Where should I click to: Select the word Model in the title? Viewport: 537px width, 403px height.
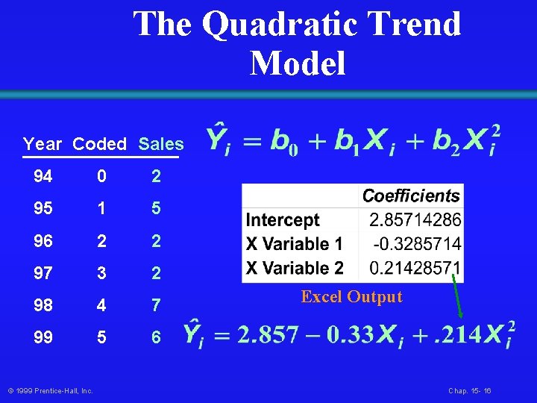pyautogui.click(x=298, y=63)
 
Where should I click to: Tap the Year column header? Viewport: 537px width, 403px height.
pyautogui.click(x=43, y=144)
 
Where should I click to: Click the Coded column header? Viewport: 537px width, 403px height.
pyautogui.click(x=100, y=144)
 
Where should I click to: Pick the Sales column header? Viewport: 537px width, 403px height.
pyautogui.click(x=161, y=144)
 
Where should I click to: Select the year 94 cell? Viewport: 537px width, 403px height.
pyautogui.click(x=43, y=177)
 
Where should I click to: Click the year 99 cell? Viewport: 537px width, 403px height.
pyautogui.click(x=43, y=338)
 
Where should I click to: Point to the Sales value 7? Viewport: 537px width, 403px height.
pyautogui.click(x=156, y=306)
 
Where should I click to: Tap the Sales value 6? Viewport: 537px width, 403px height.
pyautogui.click(x=156, y=338)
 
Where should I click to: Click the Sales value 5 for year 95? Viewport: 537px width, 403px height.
pyautogui.click(x=156, y=209)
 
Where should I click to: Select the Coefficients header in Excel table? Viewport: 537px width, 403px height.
pyautogui.click(x=411, y=196)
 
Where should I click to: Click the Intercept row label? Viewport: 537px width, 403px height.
pyautogui.click(x=283, y=220)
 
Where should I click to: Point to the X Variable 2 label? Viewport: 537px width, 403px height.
pyautogui.click(x=295, y=267)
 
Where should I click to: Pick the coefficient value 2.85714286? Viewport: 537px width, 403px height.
pyautogui.click(x=415, y=220)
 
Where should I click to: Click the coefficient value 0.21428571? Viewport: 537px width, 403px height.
pyautogui.click(x=415, y=267)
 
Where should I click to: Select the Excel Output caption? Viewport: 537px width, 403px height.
pyautogui.click(x=351, y=297)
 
